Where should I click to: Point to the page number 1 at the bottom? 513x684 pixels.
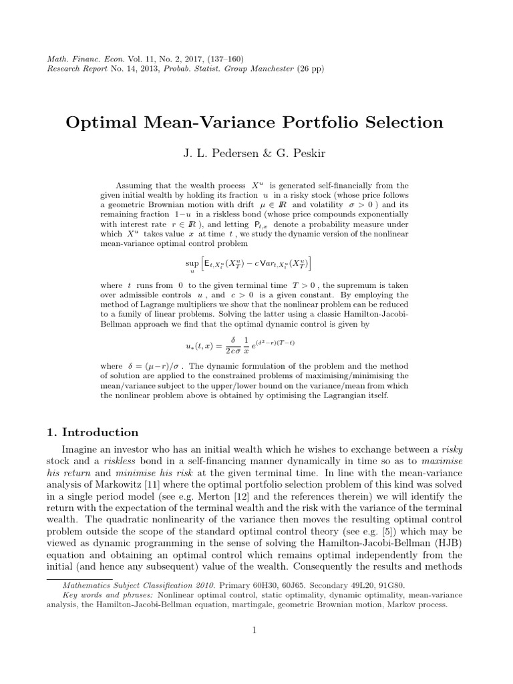[x=255, y=629]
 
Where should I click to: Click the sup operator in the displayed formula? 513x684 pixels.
[x=192, y=263]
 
